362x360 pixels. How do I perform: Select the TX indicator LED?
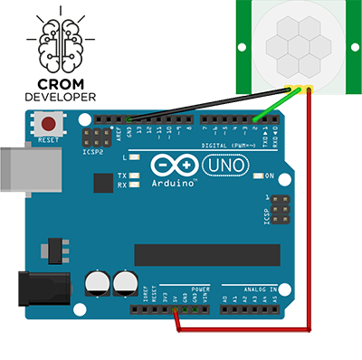click(x=134, y=175)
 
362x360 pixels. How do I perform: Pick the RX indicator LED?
click(x=134, y=185)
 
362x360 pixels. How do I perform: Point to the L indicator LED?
click(x=134, y=157)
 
